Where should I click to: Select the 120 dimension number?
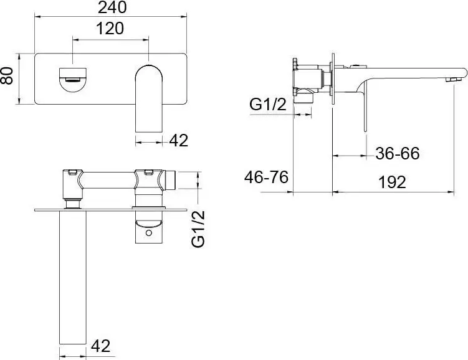point(111,29)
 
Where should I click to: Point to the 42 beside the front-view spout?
point(178,141)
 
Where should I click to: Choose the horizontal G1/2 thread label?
point(267,105)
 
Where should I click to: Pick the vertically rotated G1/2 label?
point(199,229)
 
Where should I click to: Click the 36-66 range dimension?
point(397,153)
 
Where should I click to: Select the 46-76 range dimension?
point(266,178)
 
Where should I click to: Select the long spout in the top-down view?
point(72,274)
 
